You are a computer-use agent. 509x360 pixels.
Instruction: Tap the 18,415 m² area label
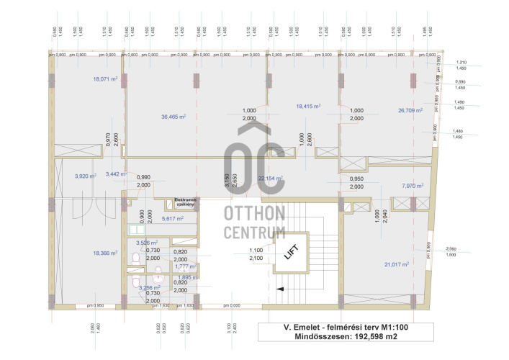click(x=308, y=106)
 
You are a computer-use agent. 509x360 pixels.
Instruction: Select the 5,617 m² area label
click(x=173, y=218)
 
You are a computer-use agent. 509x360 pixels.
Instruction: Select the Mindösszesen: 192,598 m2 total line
click(x=347, y=336)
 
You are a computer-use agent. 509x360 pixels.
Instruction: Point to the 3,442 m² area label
click(x=116, y=174)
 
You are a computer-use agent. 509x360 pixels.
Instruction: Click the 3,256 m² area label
click(x=150, y=287)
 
